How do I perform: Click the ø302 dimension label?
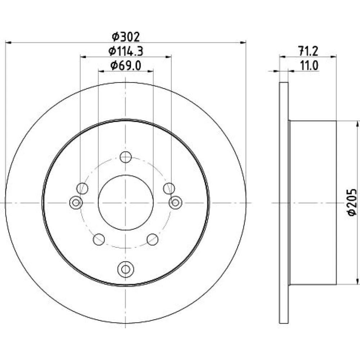point(126,37)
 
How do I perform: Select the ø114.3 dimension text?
point(126,51)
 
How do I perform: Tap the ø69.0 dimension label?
point(126,66)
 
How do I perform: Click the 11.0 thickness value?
point(309,66)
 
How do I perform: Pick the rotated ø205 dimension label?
point(352,202)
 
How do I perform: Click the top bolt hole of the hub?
point(126,157)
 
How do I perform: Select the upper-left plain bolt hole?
point(82,189)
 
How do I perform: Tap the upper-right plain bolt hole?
point(169,189)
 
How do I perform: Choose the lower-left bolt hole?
point(99,239)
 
